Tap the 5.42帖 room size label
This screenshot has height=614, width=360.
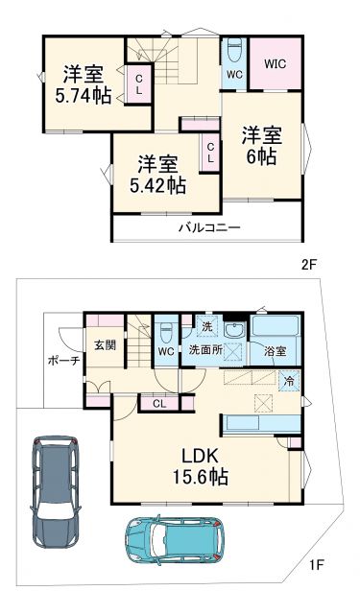click(x=158, y=185)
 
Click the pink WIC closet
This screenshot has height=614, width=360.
click(x=277, y=63)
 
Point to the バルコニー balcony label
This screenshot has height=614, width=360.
click(x=208, y=227)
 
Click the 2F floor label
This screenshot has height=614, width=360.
click(x=307, y=264)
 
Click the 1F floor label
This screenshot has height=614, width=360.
click(x=316, y=567)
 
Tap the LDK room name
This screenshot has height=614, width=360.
click(x=199, y=455)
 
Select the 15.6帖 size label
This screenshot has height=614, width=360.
click(x=199, y=477)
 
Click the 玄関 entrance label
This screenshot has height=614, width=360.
click(x=105, y=345)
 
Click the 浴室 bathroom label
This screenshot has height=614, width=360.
click(x=275, y=351)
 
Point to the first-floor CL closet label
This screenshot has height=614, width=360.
click(x=158, y=404)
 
